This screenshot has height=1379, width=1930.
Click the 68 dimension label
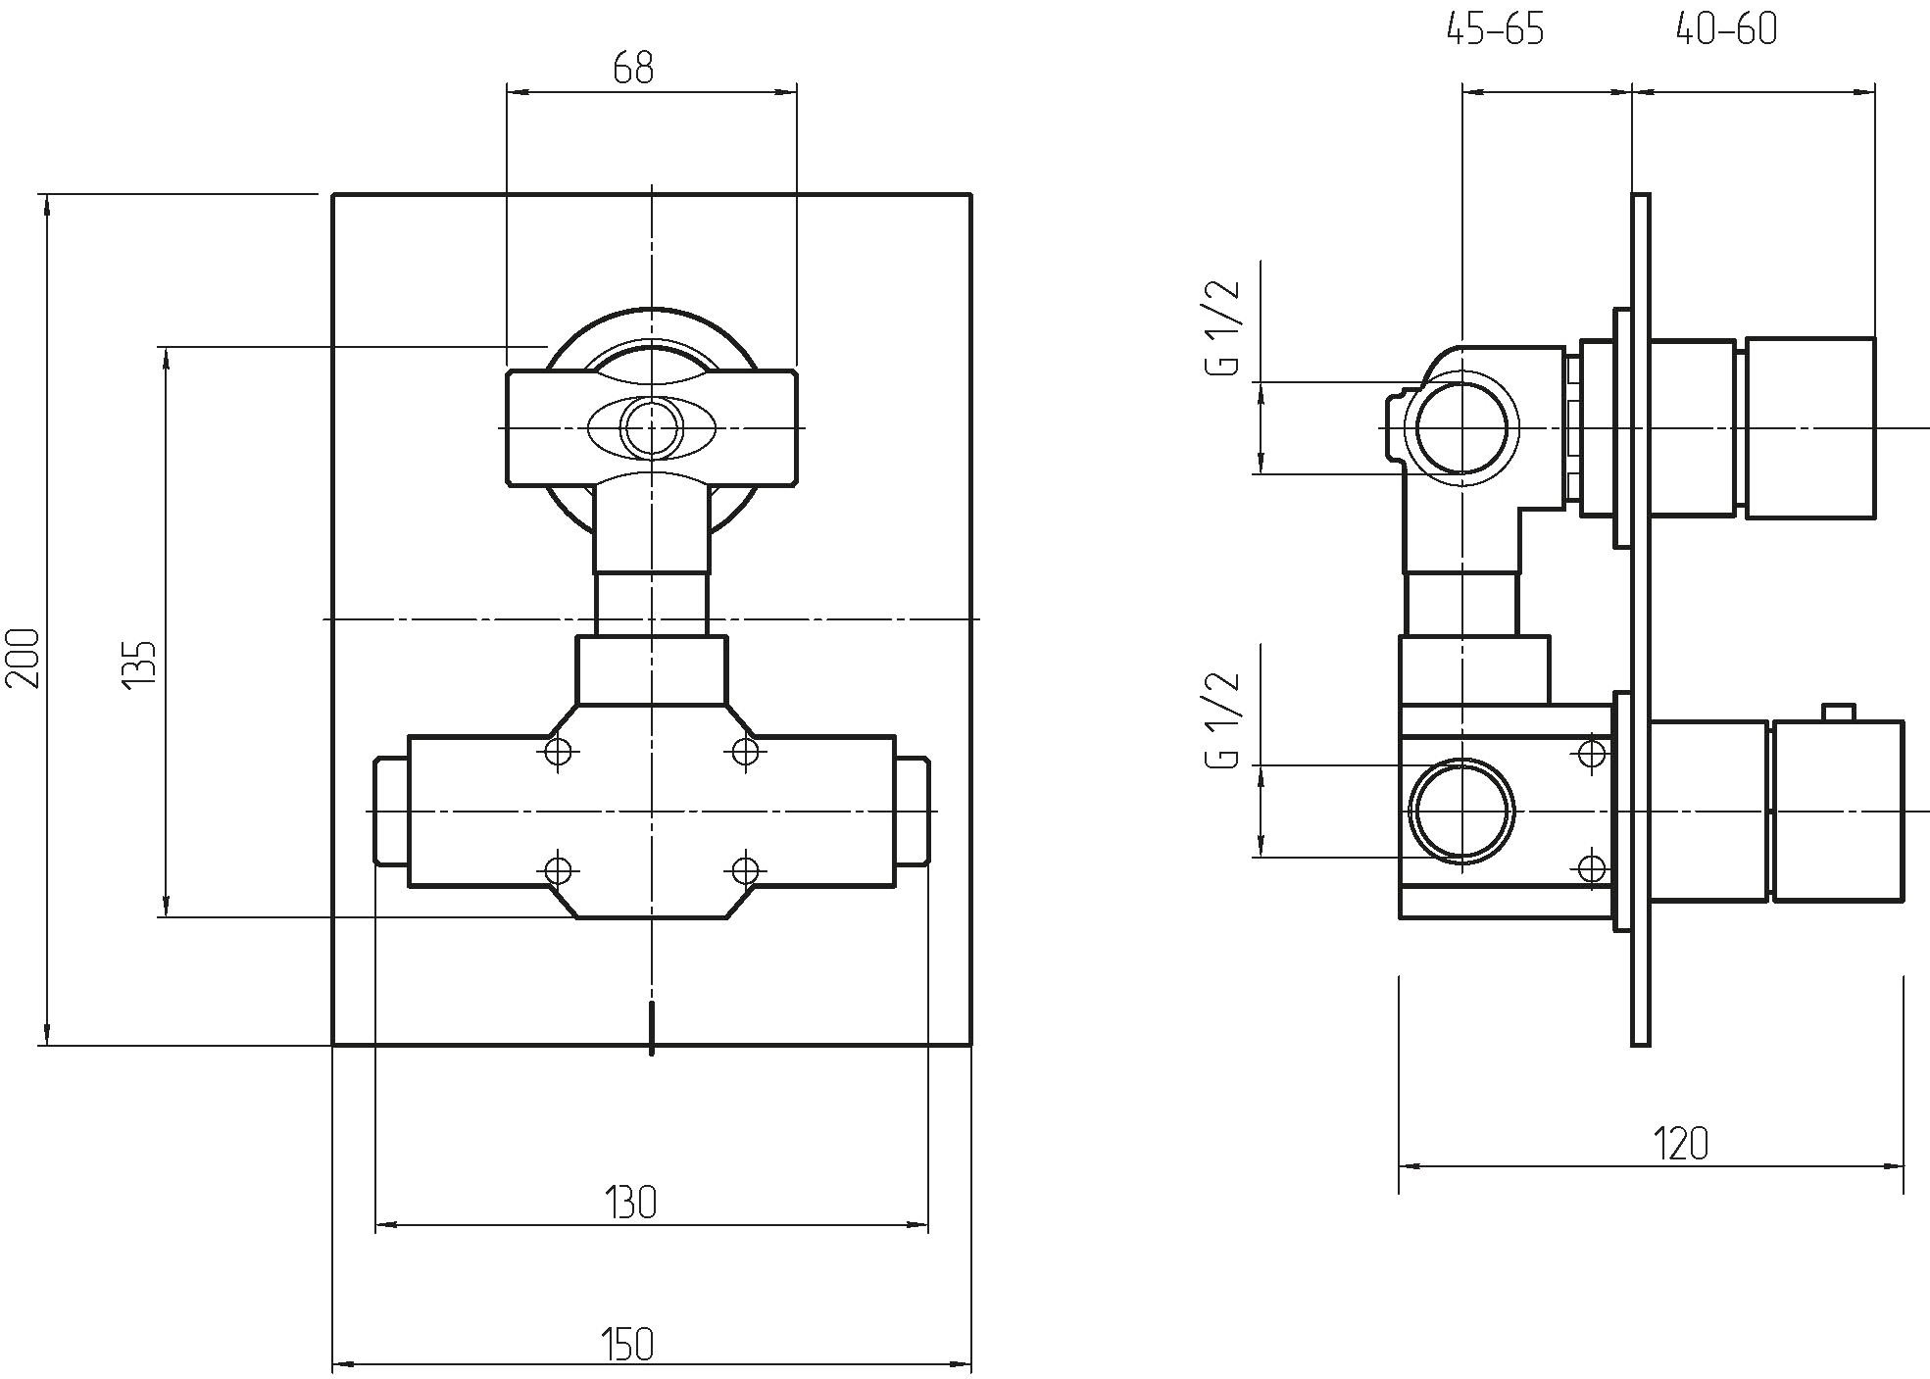click(x=633, y=68)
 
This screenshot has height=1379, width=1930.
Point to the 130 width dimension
click(x=630, y=1203)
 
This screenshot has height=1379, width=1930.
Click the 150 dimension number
click(x=627, y=1345)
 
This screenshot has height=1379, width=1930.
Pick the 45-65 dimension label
click(x=1496, y=30)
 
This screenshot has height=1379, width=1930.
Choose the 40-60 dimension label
click(x=1726, y=30)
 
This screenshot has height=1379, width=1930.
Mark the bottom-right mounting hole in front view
click(x=746, y=869)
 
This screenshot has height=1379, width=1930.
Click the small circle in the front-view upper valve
click(x=652, y=429)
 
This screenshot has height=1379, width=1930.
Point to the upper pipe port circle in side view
click(x=1461, y=428)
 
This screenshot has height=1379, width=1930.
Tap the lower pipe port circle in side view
click(x=1461, y=812)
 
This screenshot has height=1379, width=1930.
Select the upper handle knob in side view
click(x=1809, y=428)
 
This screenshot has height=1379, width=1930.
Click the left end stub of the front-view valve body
click(x=392, y=811)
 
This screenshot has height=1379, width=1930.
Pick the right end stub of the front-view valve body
click(x=912, y=811)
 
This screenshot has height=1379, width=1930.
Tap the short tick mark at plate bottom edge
click(x=652, y=1030)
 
